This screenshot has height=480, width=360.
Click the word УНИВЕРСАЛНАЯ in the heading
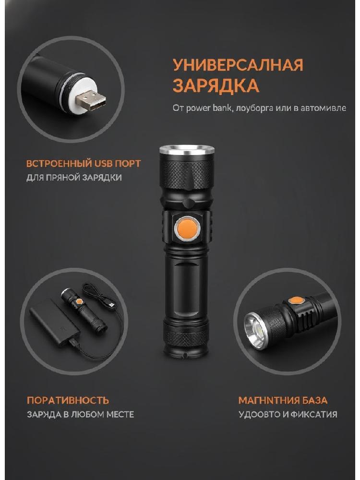coord(238,65)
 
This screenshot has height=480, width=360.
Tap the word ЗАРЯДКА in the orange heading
coord(216,85)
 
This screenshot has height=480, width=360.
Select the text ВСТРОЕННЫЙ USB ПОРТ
coord(84,164)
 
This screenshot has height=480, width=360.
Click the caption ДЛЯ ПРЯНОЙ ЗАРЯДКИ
coord(74,178)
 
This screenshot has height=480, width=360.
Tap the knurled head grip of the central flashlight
coord(187,173)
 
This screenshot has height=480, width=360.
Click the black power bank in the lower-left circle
coord(55,324)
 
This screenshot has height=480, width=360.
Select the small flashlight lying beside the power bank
coord(84,310)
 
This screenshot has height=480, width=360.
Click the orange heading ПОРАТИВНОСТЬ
coord(68,400)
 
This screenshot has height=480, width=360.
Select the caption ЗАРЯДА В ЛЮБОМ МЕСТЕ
coord(81,415)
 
